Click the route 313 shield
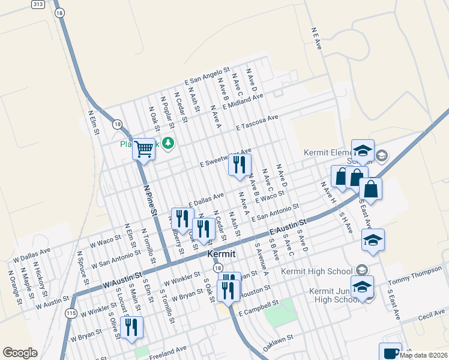coord(39,4)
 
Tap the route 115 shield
coord(71,313)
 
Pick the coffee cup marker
coord(390,352)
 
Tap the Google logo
coord(20,353)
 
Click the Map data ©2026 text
coord(423,355)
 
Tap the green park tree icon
coord(169,142)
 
